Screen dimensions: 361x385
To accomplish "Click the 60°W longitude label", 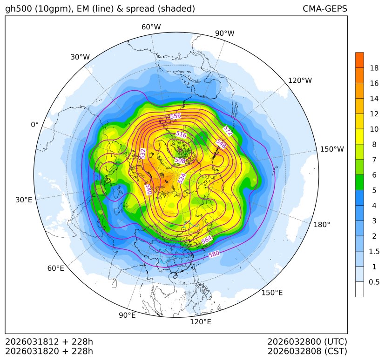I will (151, 27).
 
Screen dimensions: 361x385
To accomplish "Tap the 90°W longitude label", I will (224, 33).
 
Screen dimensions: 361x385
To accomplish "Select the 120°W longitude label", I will (300, 80).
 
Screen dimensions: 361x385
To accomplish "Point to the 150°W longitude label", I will (332, 149).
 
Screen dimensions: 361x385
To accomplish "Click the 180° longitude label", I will (322, 225).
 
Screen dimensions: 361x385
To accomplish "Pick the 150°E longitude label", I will (272, 293).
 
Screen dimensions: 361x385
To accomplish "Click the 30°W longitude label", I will (80, 57).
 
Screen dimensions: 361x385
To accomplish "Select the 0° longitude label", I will (35, 125).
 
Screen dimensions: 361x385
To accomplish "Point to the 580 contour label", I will (214, 254).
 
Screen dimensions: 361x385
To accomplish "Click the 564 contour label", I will (207, 240).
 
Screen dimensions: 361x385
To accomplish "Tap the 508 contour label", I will (180, 160).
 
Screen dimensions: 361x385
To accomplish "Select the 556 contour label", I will (176, 116).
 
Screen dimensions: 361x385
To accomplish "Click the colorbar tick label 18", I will (374, 68).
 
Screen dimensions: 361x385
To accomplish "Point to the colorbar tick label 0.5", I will (374, 282).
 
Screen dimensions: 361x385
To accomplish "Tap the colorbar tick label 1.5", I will (374, 251).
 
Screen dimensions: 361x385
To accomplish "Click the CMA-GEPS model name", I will (324, 9).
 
